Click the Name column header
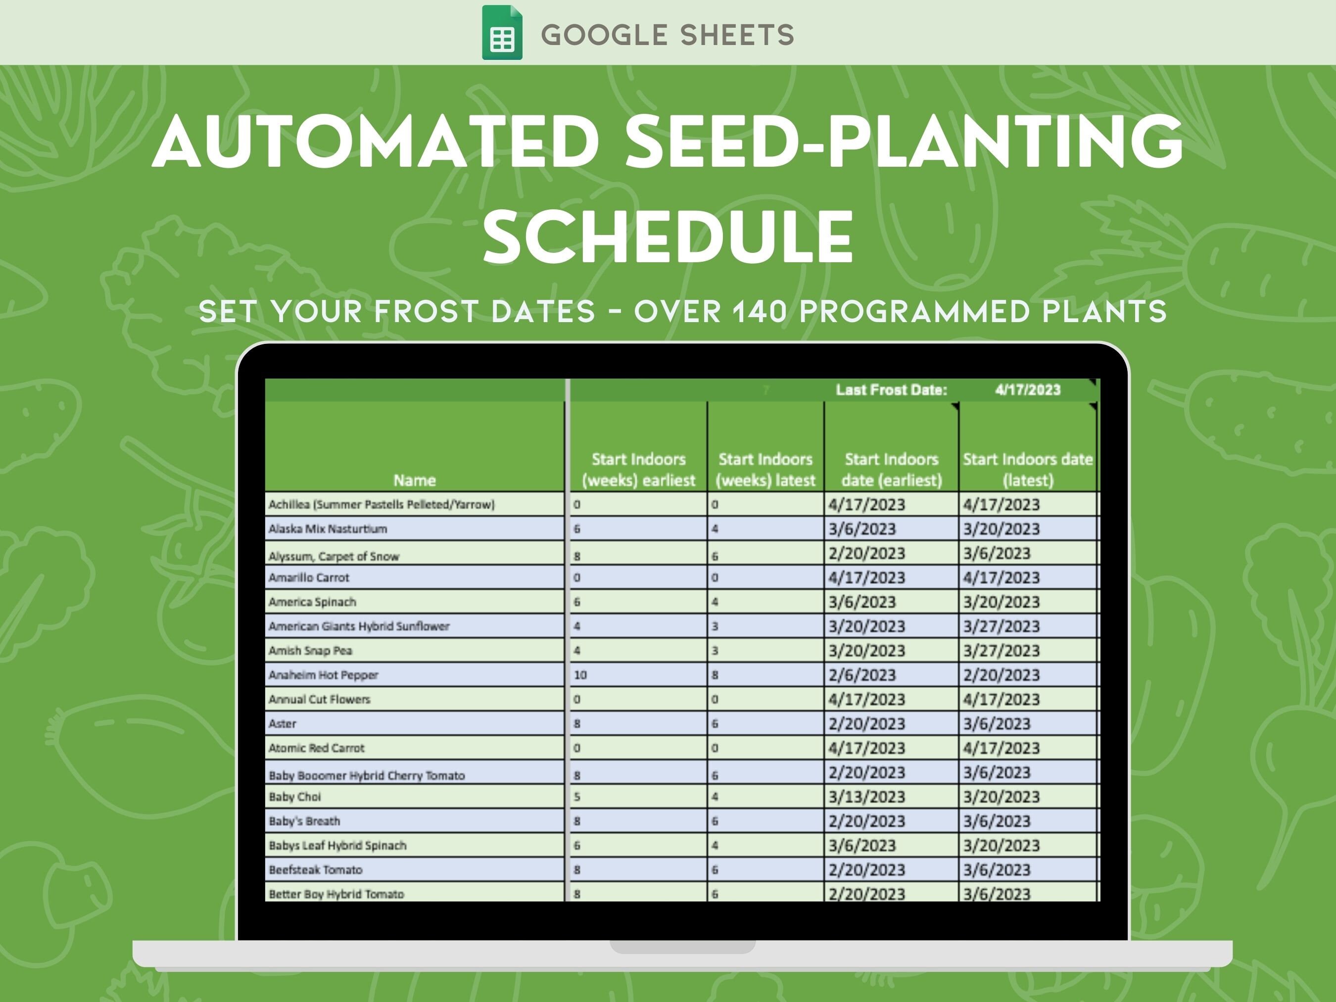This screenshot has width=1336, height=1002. (414, 480)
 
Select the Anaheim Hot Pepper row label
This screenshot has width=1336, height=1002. (323, 674)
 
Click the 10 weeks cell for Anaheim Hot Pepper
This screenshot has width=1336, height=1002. (580, 674)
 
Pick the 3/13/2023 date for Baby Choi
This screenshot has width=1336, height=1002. (867, 797)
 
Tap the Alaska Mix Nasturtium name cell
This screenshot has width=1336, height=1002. (328, 529)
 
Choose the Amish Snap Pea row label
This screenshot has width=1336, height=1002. (310, 651)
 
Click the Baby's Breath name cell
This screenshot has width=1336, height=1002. (304, 821)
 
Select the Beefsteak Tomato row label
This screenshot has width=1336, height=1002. (315, 870)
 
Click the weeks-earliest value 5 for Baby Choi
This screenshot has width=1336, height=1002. (577, 797)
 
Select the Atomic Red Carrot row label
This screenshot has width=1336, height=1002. (317, 748)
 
